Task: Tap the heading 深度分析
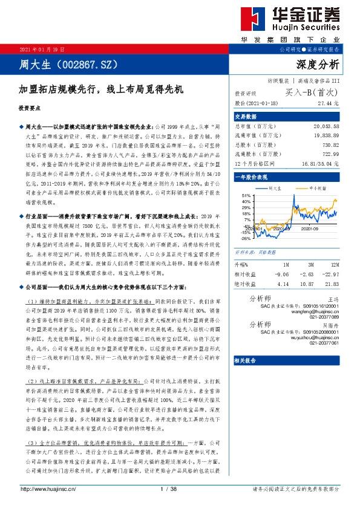pyautogui.click(x=318, y=65)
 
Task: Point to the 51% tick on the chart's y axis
pyautogui.click(x=246, y=196)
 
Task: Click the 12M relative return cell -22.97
pyautogui.click(x=330, y=274)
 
